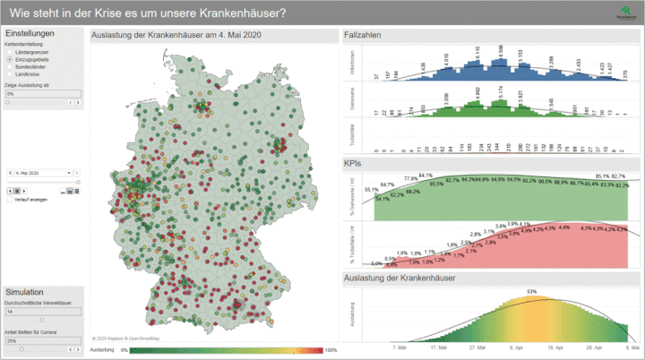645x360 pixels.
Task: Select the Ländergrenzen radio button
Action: (x=9, y=50)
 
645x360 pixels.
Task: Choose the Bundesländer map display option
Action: (x=9, y=65)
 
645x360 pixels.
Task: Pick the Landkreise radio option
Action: (x=9, y=73)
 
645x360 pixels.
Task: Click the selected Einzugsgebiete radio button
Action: (x=9, y=58)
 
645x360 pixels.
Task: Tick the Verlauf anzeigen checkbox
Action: (x=10, y=200)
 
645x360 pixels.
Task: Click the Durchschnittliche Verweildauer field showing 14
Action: (x=43, y=311)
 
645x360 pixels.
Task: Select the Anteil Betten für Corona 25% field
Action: (x=43, y=340)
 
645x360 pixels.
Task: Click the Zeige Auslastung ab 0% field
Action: (x=43, y=93)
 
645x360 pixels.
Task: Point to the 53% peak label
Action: (x=531, y=292)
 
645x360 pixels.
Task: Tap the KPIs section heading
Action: (x=353, y=163)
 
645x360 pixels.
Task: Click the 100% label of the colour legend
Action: (x=331, y=350)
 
